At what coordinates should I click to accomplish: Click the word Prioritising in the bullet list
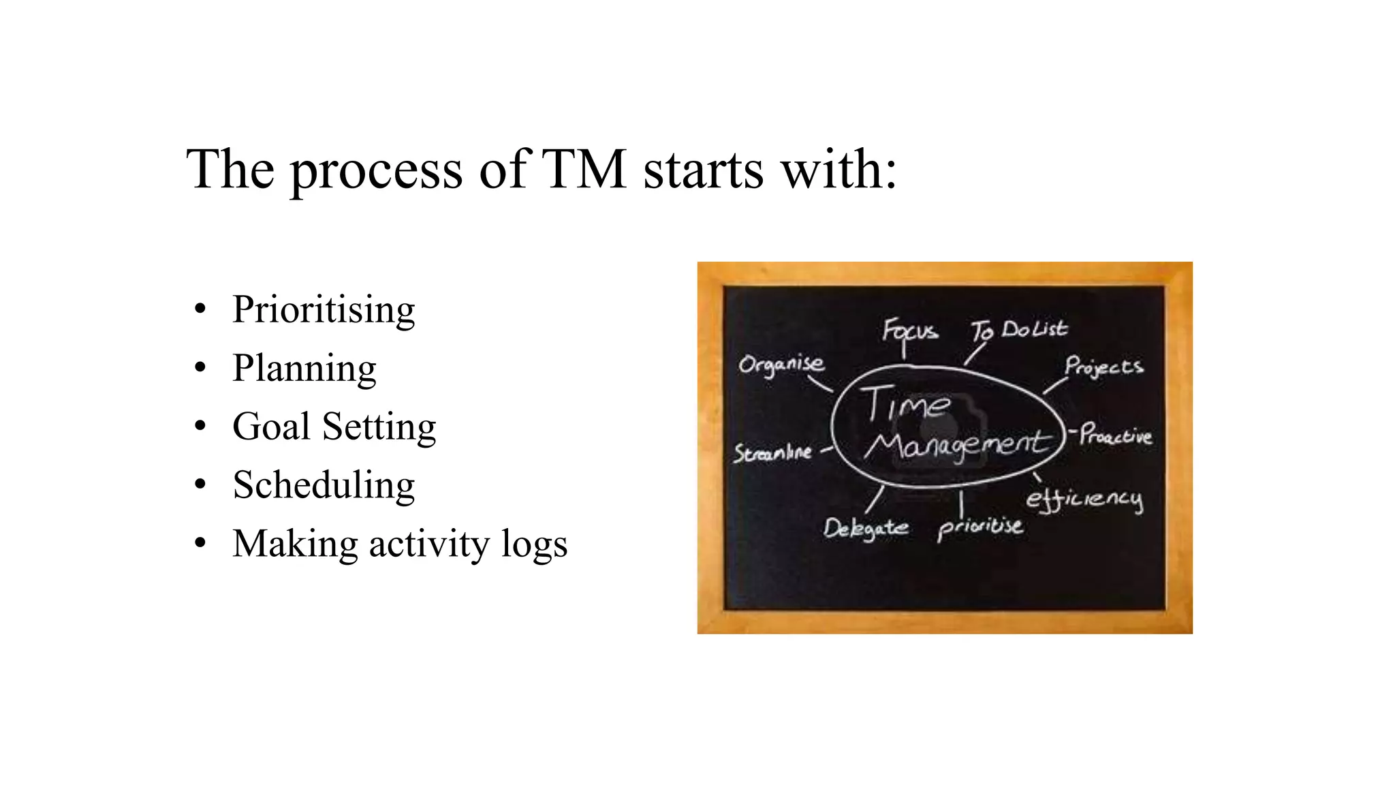coord(324,310)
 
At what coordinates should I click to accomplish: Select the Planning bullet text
coord(304,369)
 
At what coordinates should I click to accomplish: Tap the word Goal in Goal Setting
coord(271,427)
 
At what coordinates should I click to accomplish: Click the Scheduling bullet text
coord(324,486)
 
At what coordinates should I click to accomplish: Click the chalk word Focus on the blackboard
coord(909,331)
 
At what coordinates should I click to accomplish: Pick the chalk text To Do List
coord(1019,330)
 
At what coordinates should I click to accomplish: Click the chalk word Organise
coord(781,365)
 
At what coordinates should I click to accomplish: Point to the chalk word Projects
coord(1103,367)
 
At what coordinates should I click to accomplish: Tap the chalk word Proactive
coord(1116,435)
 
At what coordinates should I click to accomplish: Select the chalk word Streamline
coord(772,452)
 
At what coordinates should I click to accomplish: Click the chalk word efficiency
coord(1084,499)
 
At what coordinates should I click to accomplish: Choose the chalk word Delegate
coord(865,528)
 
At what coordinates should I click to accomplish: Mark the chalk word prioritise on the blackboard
coord(979,527)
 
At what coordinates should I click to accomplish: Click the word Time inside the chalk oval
coord(906,405)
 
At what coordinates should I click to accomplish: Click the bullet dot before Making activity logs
coord(200,544)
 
